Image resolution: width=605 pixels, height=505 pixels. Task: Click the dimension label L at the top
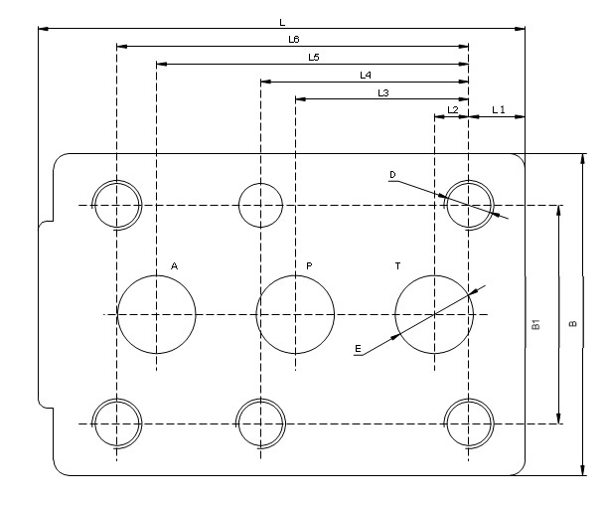pyautogui.click(x=282, y=21)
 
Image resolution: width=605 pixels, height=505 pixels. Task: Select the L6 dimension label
pyautogui.click(x=293, y=39)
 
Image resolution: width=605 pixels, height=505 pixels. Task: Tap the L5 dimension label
pyautogui.click(x=313, y=58)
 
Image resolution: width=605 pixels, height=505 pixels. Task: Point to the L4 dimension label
pyautogui.click(x=365, y=75)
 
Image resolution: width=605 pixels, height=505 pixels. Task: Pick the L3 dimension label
pyautogui.click(x=382, y=92)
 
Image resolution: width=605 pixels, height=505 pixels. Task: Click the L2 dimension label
pyautogui.click(x=452, y=109)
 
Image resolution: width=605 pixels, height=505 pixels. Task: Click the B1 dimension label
pyautogui.click(x=534, y=324)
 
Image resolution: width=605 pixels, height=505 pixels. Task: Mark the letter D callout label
pyautogui.click(x=392, y=175)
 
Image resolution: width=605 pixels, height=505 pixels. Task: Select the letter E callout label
pyautogui.click(x=357, y=349)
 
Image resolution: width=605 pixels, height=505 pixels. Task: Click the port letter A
pyautogui.click(x=174, y=266)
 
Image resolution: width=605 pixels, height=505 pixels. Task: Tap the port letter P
pyautogui.click(x=309, y=266)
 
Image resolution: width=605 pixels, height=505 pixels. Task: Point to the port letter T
pyautogui.click(x=397, y=266)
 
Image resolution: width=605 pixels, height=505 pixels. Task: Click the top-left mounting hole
pyautogui.click(x=116, y=206)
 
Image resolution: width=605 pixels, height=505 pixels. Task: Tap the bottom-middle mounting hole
pyautogui.click(x=260, y=423)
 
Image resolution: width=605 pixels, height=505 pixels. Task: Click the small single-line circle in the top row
pyautogui.click(x=260, y=206)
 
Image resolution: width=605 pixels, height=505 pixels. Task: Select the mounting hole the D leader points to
pyautogui.click(x=469, y=206)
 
